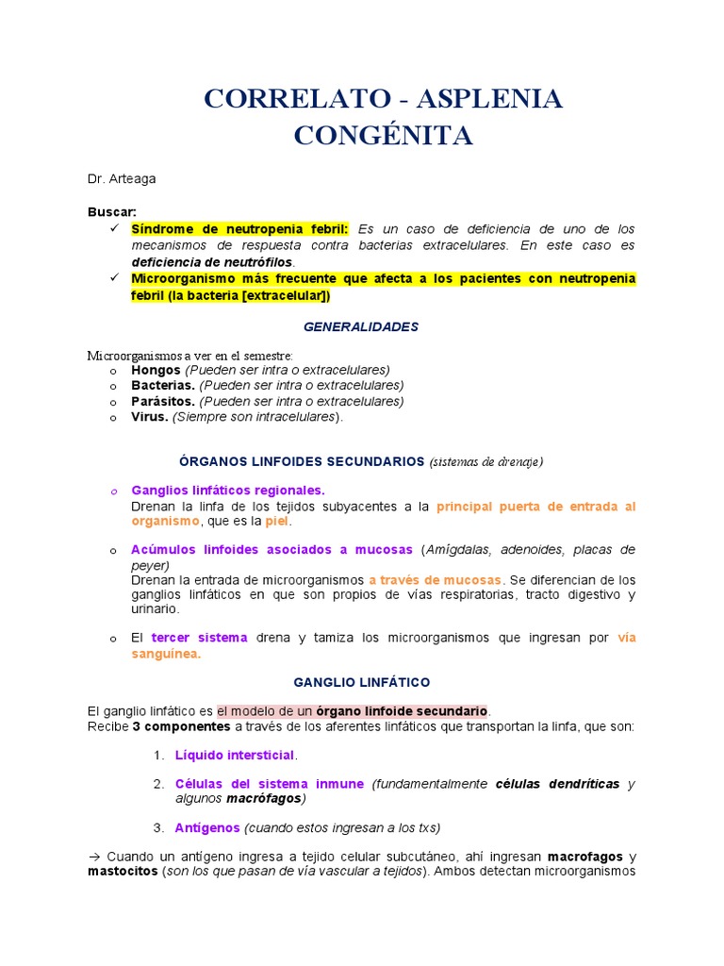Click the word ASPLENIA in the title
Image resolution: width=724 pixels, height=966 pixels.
[489, 99]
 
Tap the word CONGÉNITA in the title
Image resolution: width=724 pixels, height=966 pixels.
[383, 136]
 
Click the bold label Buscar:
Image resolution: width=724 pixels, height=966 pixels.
[112, 212]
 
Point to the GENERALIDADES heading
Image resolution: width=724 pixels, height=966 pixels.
[360, 326]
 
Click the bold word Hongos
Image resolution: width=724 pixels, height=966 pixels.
[156, 370]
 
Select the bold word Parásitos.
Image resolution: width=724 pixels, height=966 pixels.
[163, 401]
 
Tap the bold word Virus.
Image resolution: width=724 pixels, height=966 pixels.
[150, 416]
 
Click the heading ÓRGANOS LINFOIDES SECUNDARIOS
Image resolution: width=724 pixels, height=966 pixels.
[302, 461]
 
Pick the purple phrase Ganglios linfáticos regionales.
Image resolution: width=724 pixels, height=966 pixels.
[227, 491]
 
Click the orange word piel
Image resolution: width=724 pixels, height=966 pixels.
[277, 521]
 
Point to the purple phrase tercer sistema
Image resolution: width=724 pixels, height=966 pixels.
[199, 638]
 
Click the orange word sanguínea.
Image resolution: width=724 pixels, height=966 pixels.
[166, 654]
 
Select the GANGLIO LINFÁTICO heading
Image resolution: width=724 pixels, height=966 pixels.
[361, 681]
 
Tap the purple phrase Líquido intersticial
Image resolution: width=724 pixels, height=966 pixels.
[235, 755]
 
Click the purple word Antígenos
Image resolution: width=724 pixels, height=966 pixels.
[206, 827]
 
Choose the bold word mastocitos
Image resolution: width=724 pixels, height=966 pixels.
[123, 872]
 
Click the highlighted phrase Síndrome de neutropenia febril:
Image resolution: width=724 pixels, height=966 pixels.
[239, 229]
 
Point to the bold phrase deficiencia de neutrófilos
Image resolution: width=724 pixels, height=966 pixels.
[212, 261]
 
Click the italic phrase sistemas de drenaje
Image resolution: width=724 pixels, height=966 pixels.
[486, 462]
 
